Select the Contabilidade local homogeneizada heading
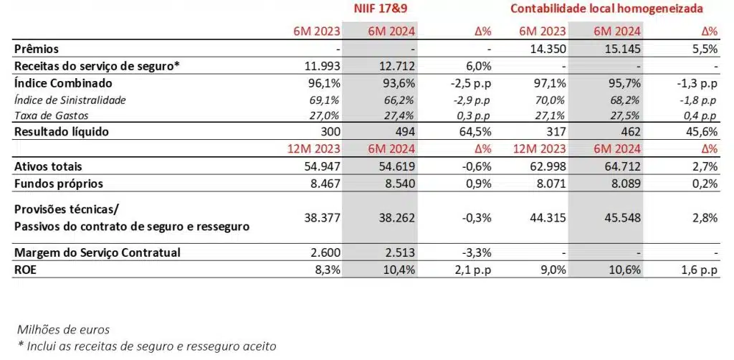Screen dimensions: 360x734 tap(606, 9)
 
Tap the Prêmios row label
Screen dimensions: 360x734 tap(39, 49)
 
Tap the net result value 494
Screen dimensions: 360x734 tap(404, 132)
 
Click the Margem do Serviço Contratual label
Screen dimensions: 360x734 tap(97, 252)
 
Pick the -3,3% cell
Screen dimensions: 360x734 tap(476, 252)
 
